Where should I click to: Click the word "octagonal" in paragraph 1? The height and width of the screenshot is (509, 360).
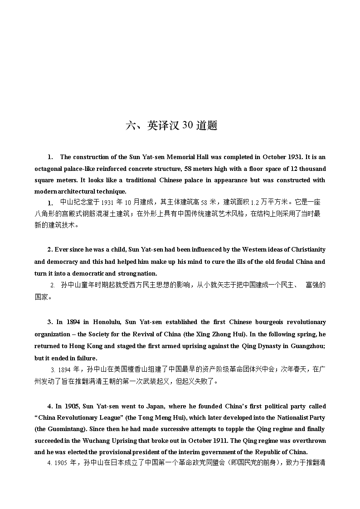click(x=48, y=169)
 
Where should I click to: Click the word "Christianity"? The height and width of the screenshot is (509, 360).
click(x=308, y=250)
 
